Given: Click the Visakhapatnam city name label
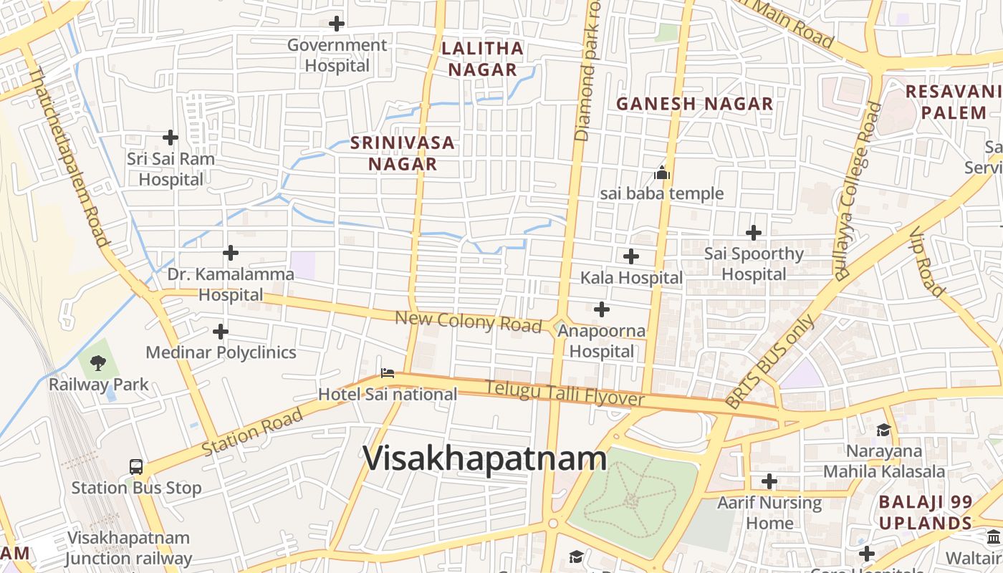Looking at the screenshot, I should (x=485, y=459).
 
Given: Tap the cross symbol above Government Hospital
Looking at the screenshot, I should (x=337, y=24).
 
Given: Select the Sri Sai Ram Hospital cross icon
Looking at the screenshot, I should (x=171, y=137).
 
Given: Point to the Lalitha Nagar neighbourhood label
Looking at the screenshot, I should (x=482, y=59).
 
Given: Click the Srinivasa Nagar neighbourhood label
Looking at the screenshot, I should (x=403, y=153).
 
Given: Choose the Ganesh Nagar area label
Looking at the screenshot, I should (x=694, y=104).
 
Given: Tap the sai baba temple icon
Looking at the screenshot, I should (x=662, y=173).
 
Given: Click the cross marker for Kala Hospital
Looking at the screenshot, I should (x=631, y=256).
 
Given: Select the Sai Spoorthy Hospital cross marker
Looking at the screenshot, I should (x=754, y=233).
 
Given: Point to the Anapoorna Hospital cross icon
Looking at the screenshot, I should (x=602, y=309).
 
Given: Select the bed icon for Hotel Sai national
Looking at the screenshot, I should (x=388, y=372).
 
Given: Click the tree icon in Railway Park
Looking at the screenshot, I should (x=98, y=363).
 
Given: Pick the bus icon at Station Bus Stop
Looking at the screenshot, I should (x=136, y=467).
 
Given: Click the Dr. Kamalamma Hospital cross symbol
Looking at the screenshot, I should (x=231, y=253).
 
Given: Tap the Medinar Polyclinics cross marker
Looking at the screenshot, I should (x=221, y=331).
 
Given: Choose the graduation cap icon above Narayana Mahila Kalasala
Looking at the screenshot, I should (x=883, y=430).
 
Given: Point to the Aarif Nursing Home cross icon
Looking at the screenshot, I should (x=769, y=481).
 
